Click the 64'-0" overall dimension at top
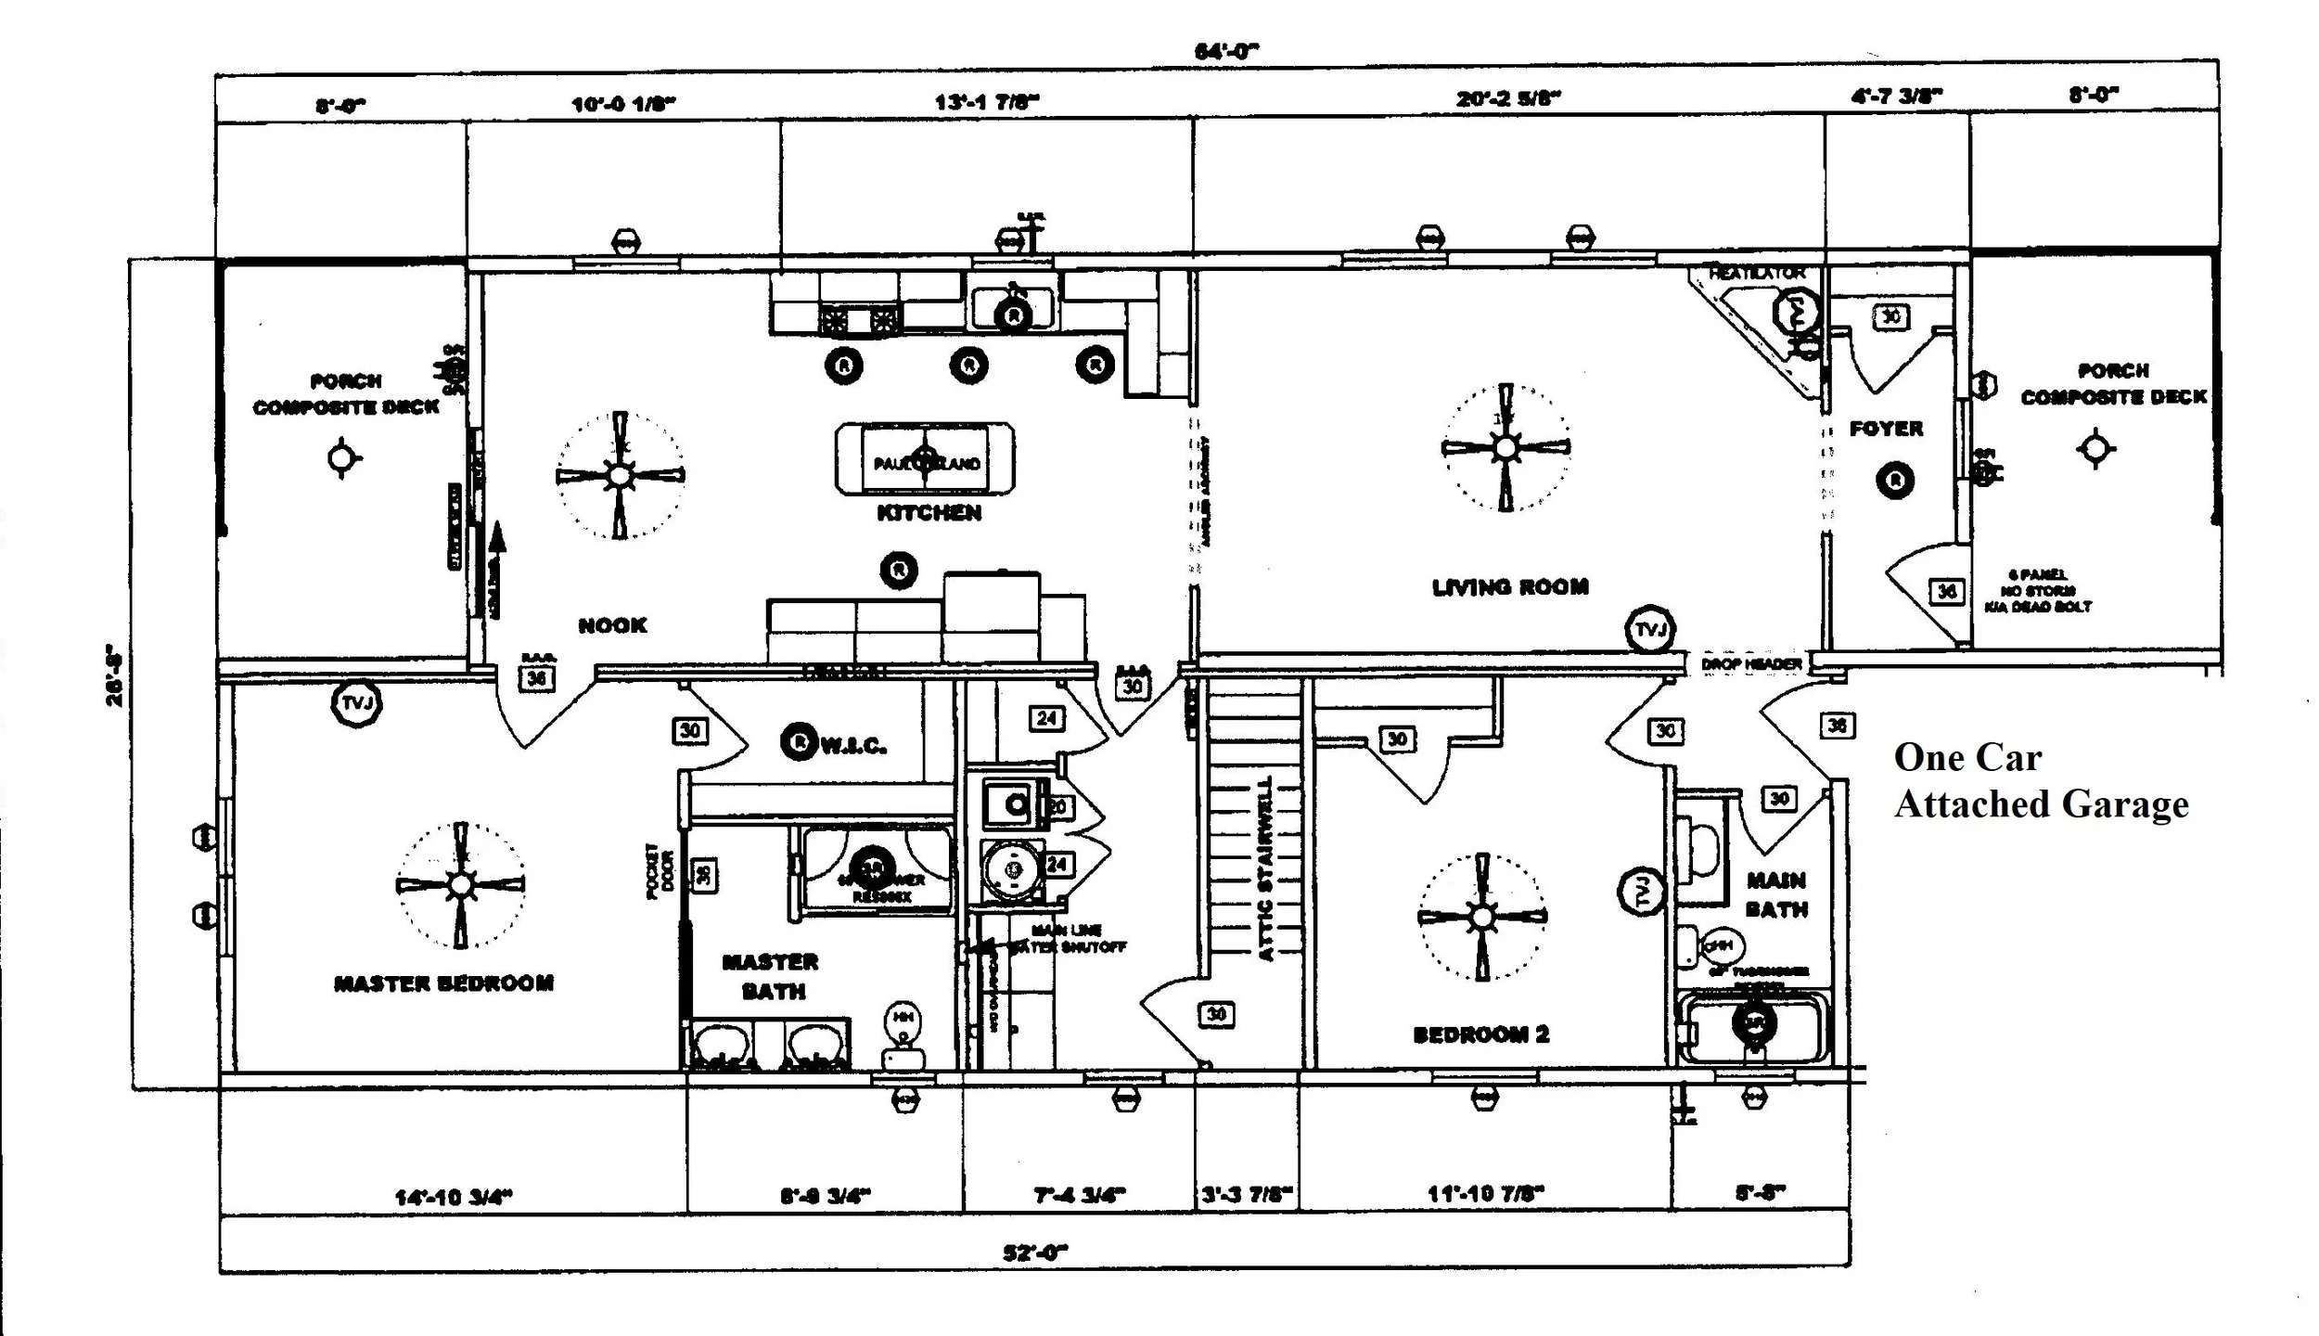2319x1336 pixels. [x=1226, y=52]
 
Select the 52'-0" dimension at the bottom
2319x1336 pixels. [x=1034, y=1252]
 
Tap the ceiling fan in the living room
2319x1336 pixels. [x=1505, y=448]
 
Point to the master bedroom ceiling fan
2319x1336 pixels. [x=460, y=885]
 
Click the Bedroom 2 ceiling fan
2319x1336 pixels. [x=1482, y=917]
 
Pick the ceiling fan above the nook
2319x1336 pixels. [x=620, y=475]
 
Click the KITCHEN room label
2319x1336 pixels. [x=929, y=512]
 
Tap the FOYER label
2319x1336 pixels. [x=1886, y=429]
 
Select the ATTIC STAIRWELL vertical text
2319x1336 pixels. [x=1265, y=867]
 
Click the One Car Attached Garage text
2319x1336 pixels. [x=2040, y=781]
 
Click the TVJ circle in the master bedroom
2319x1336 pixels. [x=357, y=703]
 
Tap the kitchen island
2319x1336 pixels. [x=925, y=459]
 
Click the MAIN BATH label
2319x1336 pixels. [x=1776, y=894]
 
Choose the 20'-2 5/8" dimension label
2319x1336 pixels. [x=1508, y=98]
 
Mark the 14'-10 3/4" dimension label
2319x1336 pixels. [x=454, y=1197]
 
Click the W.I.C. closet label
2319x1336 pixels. [x=852, y=745]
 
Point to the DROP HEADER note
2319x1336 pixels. [x=1751, y=664]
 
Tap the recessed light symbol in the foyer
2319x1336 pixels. [x=1895, y=480]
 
